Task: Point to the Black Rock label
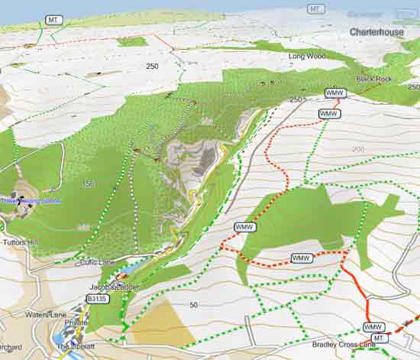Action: (x=373, y=79)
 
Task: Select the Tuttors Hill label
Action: (x=19, y=242)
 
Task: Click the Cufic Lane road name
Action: (x=96, y=262)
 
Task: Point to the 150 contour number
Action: (x=88, y=184)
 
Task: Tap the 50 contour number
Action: (x=193, y=305)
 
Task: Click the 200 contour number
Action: (x=358, y=148)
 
